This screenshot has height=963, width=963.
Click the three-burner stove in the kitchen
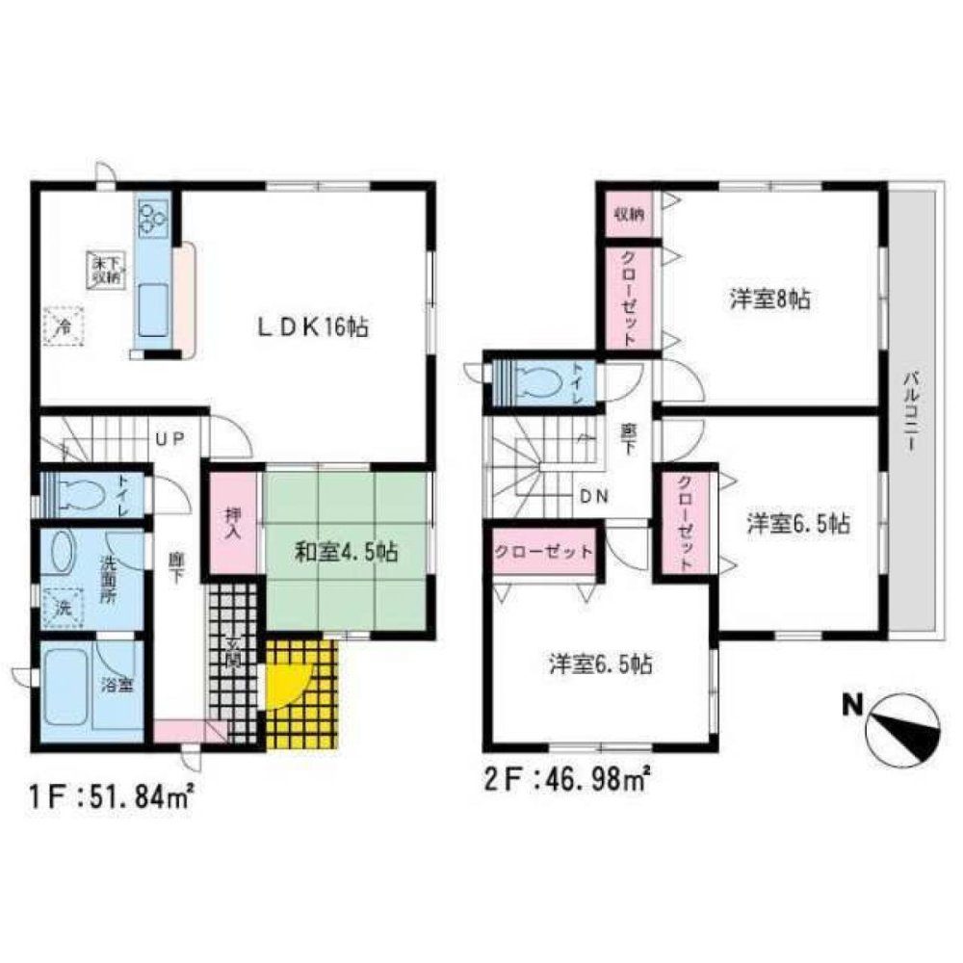pyautogui.click(x=153, y=218)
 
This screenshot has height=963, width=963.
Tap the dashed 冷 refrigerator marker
pyautogui.click(x=65, y=324)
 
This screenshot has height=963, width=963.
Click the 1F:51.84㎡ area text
pyautogui.click(x=106, y=796)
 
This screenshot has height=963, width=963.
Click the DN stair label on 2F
pyautogui.click(x=592, y=496)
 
